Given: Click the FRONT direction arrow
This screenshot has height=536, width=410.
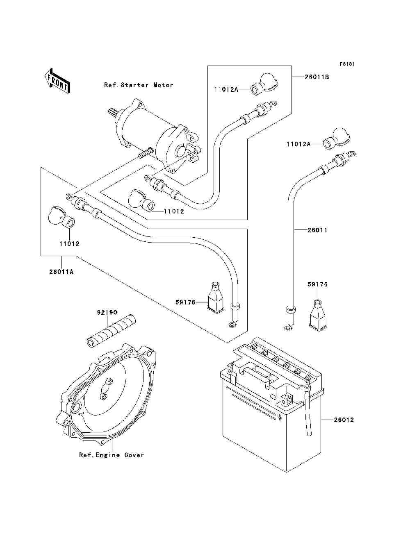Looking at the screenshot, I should pyautogui.click(x=57, y=80).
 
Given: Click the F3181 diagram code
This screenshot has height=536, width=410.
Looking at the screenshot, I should pyautogui.click(x=346, y=64).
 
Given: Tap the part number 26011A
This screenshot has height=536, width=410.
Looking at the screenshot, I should pyautogui.click(x=61, y=271).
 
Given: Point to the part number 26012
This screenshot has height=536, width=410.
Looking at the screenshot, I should pyautogui.click(x=344, y=420).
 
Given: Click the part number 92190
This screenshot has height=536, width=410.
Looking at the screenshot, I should pyautogui.click(x=107, y=312).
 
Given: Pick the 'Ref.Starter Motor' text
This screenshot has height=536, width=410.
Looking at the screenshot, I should pyautogui.click(x=139, y=85).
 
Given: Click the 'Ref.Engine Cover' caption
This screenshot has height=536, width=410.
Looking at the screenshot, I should pyautogui.click(x=112, y=455).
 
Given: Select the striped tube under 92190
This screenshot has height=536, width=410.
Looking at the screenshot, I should pyautogui.click(x=111, y=330).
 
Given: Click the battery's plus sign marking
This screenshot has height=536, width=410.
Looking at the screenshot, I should pyautogui.click(x=280, y=418).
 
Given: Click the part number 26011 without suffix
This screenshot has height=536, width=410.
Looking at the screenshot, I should pyautogui.click(x=317, y=230).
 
